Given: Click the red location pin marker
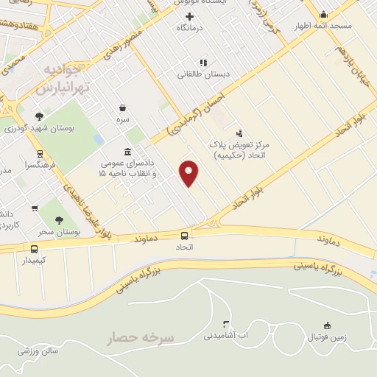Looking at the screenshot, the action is (x=189, y=172).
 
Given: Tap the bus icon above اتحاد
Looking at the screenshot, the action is (x=184, y=236).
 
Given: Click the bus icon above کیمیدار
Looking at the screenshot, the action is (x=34, y=249).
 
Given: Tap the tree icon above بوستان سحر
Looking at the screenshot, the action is (x=59, y=219).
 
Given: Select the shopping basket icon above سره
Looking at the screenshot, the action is (x=122, y=108).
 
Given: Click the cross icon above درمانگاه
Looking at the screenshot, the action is (x=190, y=16).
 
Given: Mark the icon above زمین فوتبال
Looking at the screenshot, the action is (x=327, y=325).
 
